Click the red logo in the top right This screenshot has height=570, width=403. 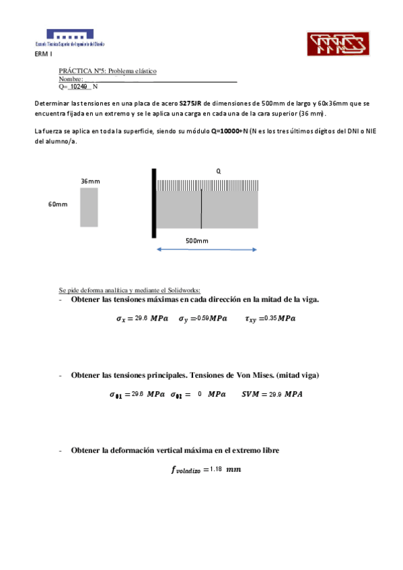click(336, 44)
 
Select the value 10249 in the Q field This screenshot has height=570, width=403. click(79, 87)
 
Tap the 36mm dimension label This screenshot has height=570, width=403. click(90, 181)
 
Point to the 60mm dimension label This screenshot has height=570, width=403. click(57, 204)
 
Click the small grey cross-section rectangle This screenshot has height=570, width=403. click(89, 207)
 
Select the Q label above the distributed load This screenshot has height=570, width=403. click(218, 171)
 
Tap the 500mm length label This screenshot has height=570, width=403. click(196, 241)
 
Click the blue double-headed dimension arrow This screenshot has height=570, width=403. click(207, 250)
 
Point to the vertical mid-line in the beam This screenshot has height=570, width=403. click(201, 209)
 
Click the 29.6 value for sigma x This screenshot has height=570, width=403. click(141, 317)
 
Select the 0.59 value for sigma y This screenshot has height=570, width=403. click(203, 317)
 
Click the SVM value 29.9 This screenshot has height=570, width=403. click(275, 394)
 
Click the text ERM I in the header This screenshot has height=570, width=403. click(42, 54)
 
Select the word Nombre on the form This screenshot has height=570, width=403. click(70, 79)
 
